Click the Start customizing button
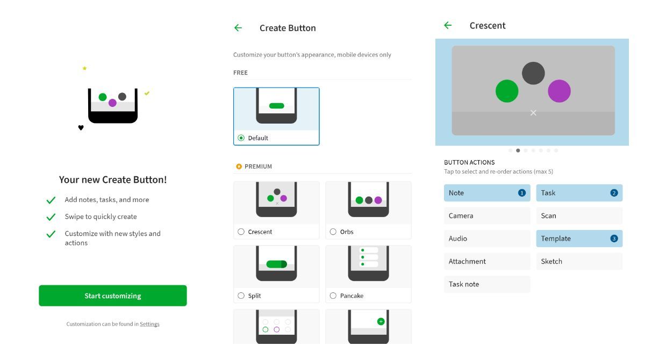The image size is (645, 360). (112, 296)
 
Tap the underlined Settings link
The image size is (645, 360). (149, 324)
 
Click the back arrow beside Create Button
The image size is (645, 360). (238, 28)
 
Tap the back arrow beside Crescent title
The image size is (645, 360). (448, 25)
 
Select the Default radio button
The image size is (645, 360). (241, 138)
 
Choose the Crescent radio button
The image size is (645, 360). (241, 232)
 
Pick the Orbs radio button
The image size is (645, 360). (333, 232)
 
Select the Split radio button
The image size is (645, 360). (241, 296)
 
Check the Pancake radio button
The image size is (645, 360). (333, 296)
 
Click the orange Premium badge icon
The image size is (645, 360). (239, 167)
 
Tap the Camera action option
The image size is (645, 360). (487, 215)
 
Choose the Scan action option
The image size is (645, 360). (579, 215)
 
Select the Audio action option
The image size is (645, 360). (487, 239)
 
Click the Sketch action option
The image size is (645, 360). (579, 261)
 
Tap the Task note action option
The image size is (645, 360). (487, 284)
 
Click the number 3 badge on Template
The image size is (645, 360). (614, 239)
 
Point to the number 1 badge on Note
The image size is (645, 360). (521, 193)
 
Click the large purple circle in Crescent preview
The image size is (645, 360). (559, 91)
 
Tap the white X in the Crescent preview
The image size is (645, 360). (533, 112)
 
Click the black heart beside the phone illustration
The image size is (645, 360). (81, 128)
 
